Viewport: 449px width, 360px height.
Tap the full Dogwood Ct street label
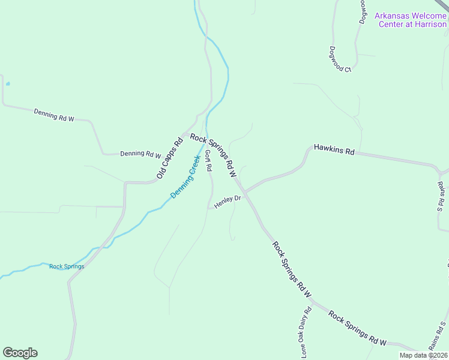tap(340, 59)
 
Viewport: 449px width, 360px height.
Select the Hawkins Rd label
tap(334, 149)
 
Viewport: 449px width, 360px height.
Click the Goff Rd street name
tap(208, 160)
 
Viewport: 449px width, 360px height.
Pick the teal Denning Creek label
tap(185, 178)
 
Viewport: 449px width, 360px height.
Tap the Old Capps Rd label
tap(169, 159)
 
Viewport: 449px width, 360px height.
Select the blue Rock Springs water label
tap(67, 266)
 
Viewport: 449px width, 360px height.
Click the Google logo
tap(20, 353)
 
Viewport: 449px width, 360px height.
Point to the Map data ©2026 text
tap(423, 355)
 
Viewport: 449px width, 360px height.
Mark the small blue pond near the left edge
tap(7, 84)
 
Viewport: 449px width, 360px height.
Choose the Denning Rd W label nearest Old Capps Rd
tap(140, 154)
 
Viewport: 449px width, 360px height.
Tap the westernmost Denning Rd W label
tap(53, 115)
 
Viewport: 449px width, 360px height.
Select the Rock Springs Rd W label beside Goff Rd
tap(213, 155)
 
